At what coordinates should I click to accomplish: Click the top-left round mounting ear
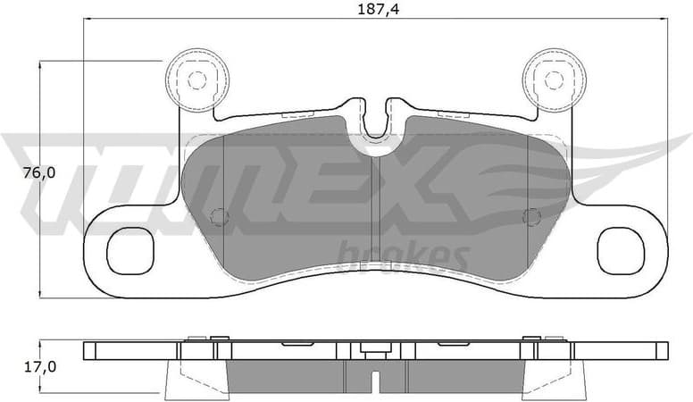[196, 80]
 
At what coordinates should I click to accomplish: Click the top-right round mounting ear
[553, 80]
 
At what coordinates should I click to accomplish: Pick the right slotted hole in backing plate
[621, 250]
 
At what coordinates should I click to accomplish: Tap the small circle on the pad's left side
[216, 216]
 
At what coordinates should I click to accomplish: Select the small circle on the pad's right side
[530, 216]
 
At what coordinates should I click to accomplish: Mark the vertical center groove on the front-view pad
[375, 214]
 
